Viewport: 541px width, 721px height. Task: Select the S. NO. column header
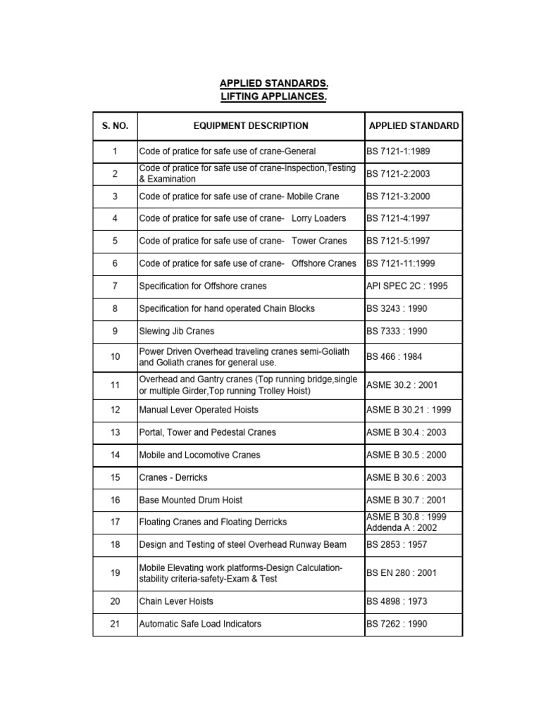tap(115, 126)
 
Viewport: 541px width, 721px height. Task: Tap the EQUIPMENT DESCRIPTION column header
tap(251, 126)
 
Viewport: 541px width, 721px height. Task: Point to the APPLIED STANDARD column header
tap(413, 126)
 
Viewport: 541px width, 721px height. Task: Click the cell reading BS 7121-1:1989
tap(398, 151)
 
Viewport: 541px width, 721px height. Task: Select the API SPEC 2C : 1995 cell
tap(406, 286)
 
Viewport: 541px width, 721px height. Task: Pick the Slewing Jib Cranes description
tap(177, 331)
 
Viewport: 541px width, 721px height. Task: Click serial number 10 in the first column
tap(115, 357)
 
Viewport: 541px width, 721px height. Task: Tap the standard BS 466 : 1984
tap(394, 357)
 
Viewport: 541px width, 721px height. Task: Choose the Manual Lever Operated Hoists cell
tap(199, 410)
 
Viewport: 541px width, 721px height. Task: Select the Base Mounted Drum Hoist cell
tap(190, 500)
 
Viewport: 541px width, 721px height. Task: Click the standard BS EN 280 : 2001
tap(402, 573)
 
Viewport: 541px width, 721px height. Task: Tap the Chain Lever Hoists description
tap(176, 601)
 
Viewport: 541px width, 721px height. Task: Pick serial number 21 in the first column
tap(115, 624)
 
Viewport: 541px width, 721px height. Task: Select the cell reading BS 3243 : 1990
tap(397, 308)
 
